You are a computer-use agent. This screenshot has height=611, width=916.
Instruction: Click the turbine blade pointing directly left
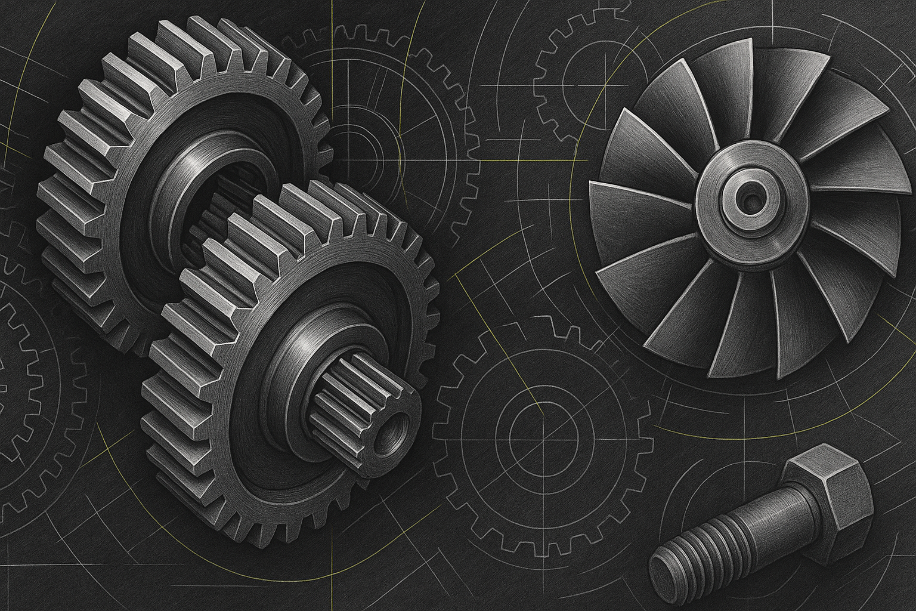click(x=632, y=209)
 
